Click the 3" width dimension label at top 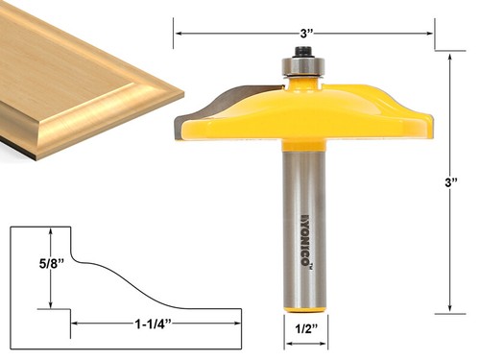(x=306, y=32)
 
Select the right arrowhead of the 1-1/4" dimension (x=237, y=322)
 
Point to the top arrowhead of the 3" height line (x=450, y=56)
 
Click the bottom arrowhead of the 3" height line (x=450, y=309)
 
